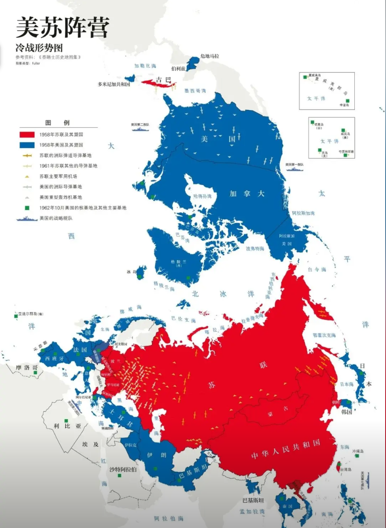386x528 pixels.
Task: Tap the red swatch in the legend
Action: click(x=27, y=135)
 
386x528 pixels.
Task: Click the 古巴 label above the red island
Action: click(x=161, y=79)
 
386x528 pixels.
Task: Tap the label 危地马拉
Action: click(x=209, y=56)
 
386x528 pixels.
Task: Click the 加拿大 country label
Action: click(x=248, y=194)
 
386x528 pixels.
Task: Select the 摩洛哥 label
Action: click(x=24, y=368)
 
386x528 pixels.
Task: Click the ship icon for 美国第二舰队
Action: click(x=140, y=129)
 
